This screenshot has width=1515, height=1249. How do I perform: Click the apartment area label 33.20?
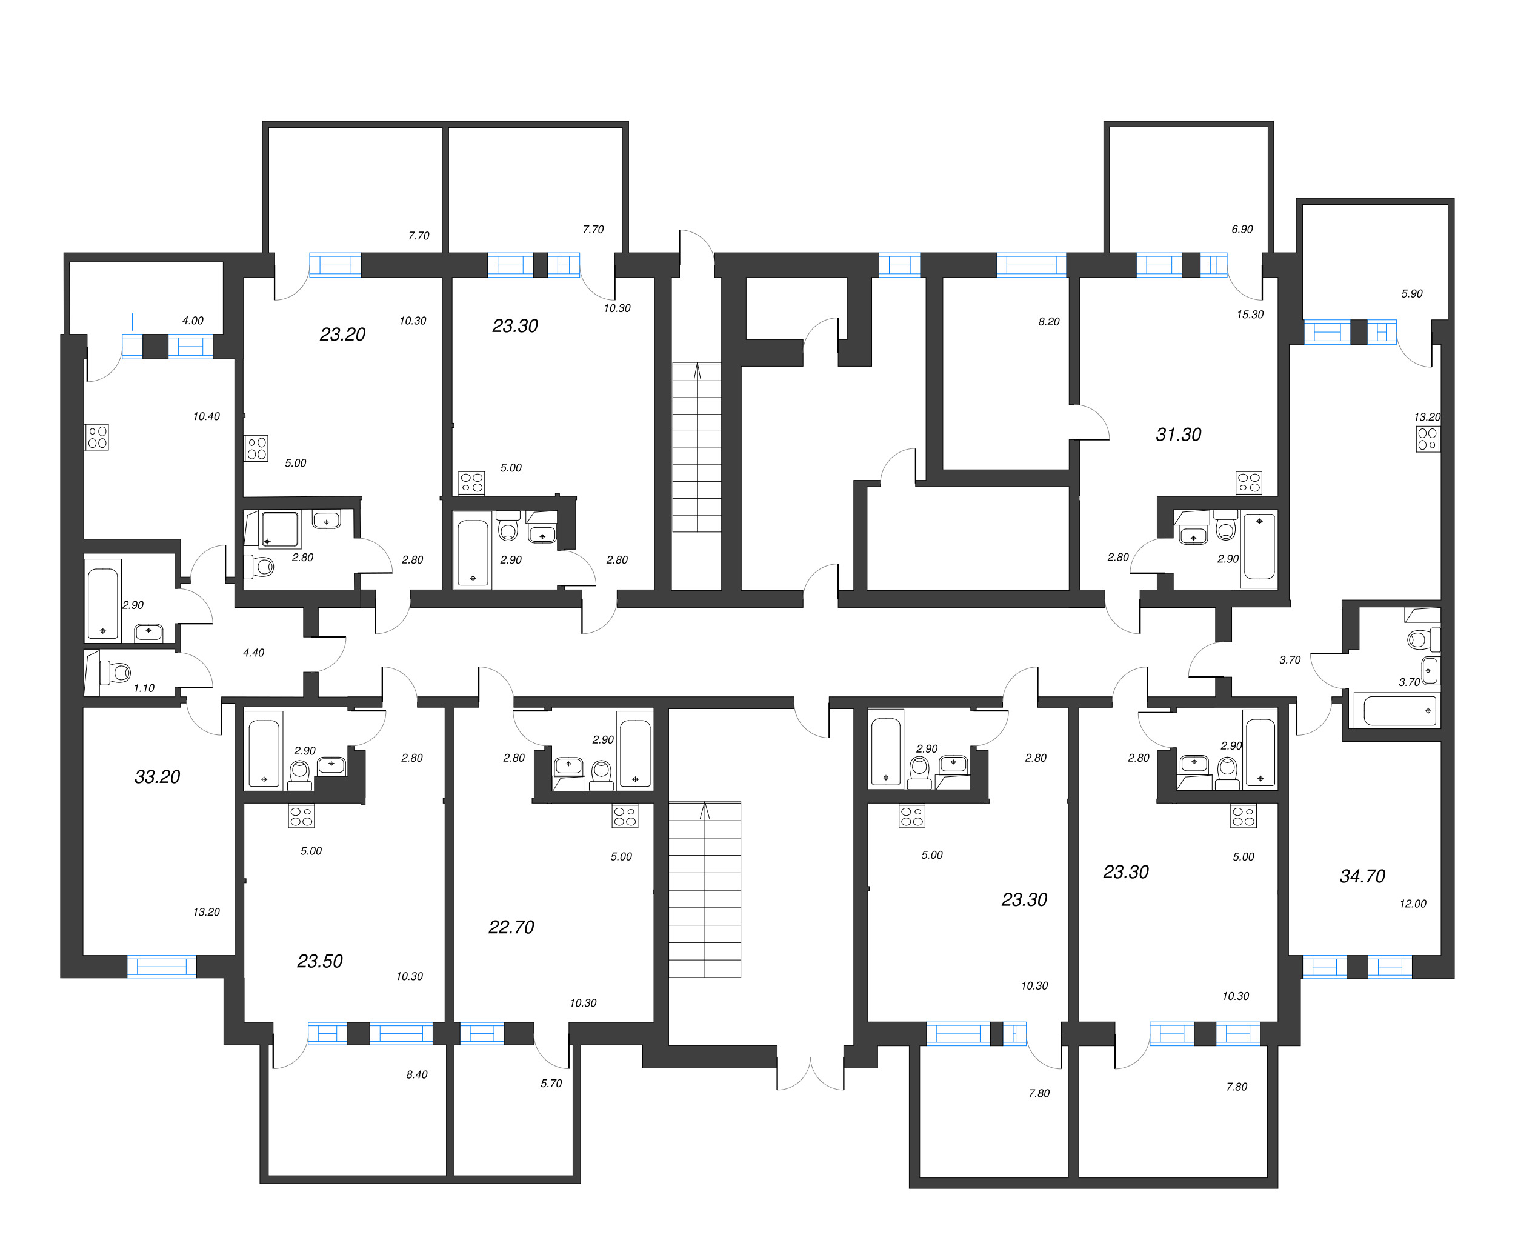tap(157, 777)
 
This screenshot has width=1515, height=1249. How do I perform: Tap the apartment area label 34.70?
tap(1362, 876)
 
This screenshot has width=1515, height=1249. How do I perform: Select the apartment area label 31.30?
tap(1178, 435)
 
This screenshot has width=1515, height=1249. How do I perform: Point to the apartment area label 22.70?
tap(511, 927)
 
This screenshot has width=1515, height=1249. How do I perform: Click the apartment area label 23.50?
tap(319, 961)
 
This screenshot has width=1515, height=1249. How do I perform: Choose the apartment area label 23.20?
tap(342, 335)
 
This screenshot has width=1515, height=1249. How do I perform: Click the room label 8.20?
tap(1049, 322)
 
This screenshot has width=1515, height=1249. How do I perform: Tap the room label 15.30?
tap(1250, 315)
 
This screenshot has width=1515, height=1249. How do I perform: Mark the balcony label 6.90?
tap(1242, 230)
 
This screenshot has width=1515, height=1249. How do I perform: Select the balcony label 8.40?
tap(416, 1075)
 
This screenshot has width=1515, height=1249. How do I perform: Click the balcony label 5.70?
tap(551, 1084)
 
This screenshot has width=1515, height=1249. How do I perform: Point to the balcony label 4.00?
tap(193, 321)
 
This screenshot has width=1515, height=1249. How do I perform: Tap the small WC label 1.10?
tap(144, 688)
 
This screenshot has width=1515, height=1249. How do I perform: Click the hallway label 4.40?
tap(253, 653)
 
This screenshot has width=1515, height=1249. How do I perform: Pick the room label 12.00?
tap(1412, 904)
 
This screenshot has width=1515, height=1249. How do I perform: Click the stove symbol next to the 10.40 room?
tap(97, 438)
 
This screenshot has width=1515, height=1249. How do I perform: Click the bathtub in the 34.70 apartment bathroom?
tap(1395, 711)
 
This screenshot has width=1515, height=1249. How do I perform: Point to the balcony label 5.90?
tap(1411, 293)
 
